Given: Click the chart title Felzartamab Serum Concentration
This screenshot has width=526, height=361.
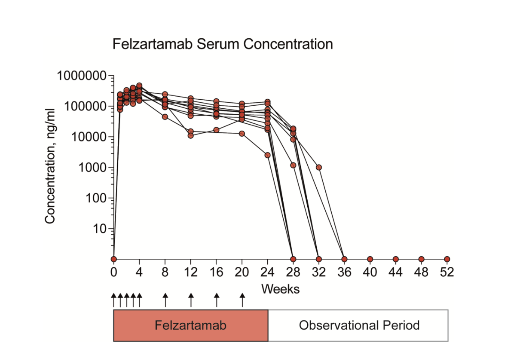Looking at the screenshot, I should pyautogui.click(x=222, y=44).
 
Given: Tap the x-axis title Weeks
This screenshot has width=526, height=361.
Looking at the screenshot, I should pyautogui.click(x=280, y=289).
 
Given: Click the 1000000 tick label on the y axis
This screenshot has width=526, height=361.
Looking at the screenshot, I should pyautogui.click(x=81, y=76).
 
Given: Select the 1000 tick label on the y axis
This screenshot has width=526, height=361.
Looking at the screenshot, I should pyautogui.click(x=92, y=168).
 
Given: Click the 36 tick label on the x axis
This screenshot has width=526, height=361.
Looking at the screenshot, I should pyautogui.click(x=344, y=272).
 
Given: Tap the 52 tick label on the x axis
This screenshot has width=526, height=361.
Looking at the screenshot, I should pyautogui.click(x=447, y=272).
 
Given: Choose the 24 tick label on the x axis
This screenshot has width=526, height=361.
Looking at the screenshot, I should pyautogui.click(x=267, y=272).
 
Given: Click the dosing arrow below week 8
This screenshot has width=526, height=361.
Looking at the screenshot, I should pyautogui.click(x=165, y=300).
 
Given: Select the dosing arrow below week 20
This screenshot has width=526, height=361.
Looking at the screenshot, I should pyautogui.click(x=242, y=300).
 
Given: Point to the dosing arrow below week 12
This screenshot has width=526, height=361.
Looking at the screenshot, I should pyautogui.click(x=191, y=300).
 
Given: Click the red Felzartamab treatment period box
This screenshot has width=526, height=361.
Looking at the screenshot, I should pyautogui.click(x=190, y=325).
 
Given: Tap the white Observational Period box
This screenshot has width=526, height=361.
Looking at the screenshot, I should pyautogui.click(x=358, y=325).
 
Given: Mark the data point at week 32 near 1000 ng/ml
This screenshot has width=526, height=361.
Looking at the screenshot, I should pyautogui.click(x=318, y=167).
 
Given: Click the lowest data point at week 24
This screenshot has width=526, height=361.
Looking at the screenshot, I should pyautogui.click(x=267, y=155).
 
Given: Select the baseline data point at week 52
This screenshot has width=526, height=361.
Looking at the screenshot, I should pyautogui.click(x=447, y=259).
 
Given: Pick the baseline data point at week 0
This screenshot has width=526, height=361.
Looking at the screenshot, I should pyautogui.click(x=113, y=259).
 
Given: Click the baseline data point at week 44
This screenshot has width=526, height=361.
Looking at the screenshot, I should pyautogui.click(x=395, y=259).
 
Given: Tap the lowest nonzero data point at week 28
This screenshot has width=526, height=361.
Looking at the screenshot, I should pyautogui.click(x=293, y=165).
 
